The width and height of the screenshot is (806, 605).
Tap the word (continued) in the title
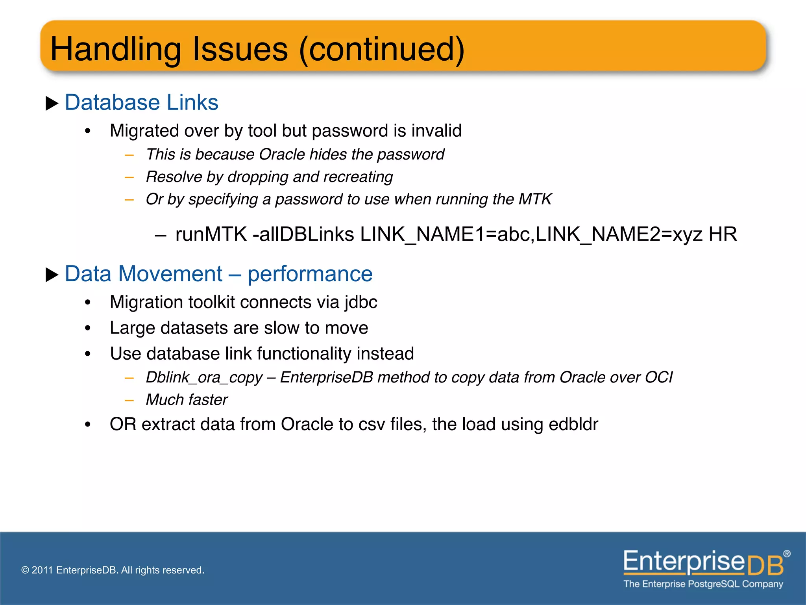tap(382, 50)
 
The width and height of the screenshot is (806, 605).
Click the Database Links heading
tap(141, 102)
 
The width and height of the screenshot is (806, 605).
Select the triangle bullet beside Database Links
tap(52, 104)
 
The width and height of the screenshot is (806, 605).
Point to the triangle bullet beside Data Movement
tap(52, 275)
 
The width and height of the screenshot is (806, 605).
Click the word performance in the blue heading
tap(310, 274)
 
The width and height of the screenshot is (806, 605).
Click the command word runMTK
tap(211, 234)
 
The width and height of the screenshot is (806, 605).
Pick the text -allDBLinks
tap(303, 234)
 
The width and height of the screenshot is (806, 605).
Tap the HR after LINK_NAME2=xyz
tap(723, 234)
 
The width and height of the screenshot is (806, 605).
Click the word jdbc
tap(360, 302)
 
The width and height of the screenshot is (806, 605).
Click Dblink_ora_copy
tap(204, 378)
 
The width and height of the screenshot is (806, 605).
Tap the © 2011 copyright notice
tap(113, 570)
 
